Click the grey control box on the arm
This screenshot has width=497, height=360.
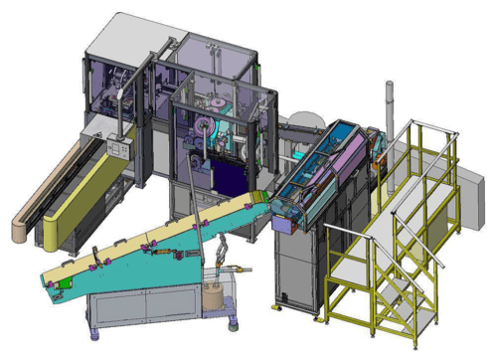[117, 149]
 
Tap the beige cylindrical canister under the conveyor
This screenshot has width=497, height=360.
[214, 295]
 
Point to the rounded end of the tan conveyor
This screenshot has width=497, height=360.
[20, 231]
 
